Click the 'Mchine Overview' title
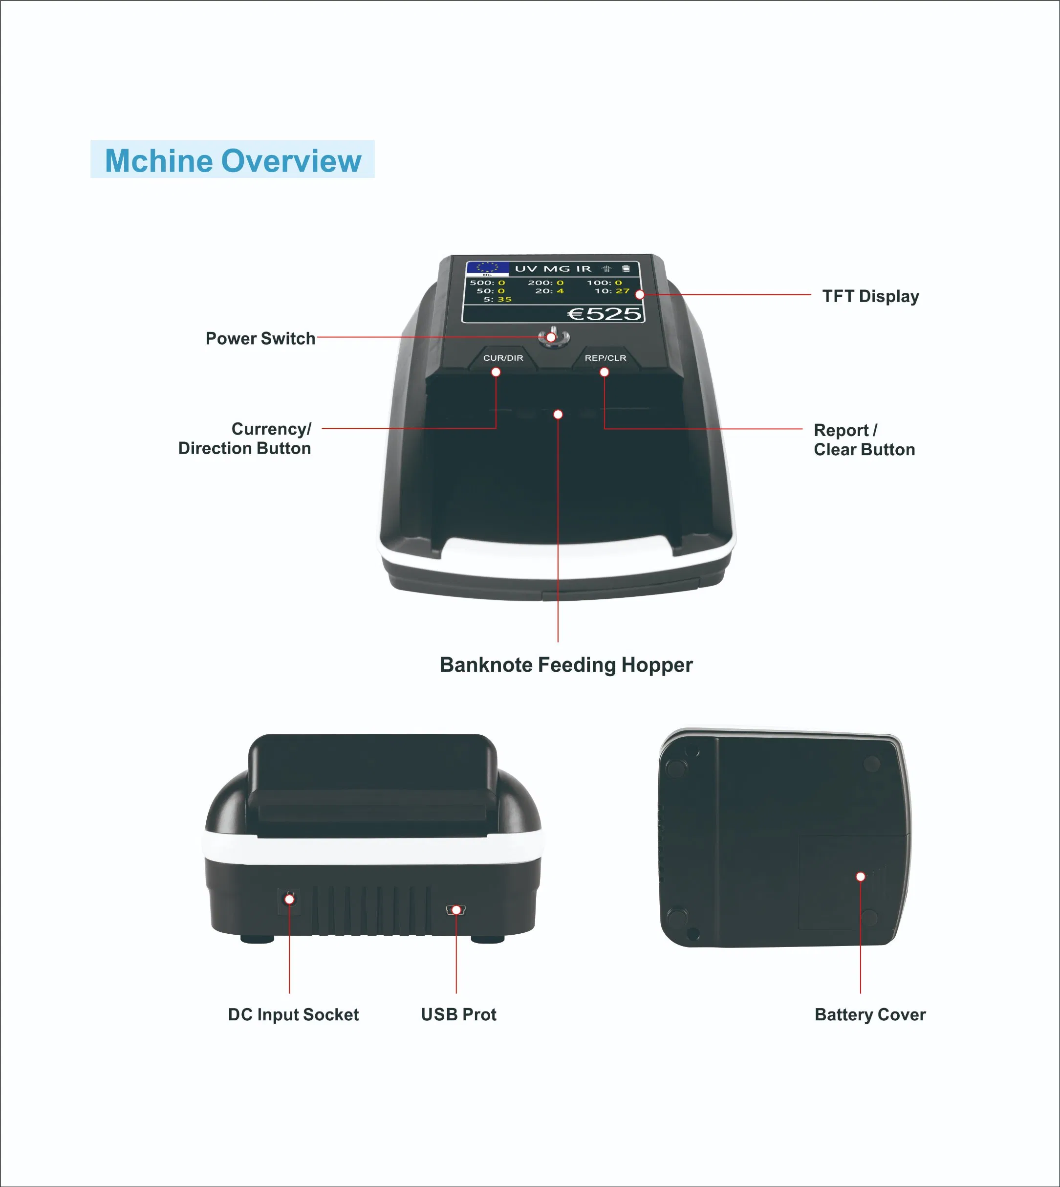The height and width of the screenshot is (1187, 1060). [x=233, y=160]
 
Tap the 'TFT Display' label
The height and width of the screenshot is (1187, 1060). [x=870, y=296]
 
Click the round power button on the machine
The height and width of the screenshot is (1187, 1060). [x=553, y=337]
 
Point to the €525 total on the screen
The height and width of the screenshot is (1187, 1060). [x=604, y=314]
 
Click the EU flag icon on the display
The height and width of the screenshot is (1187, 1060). [x=488, y=267]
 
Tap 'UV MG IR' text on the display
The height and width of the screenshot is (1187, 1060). [x=553, y=268]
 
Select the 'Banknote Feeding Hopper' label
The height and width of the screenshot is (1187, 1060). [x=565, y=665]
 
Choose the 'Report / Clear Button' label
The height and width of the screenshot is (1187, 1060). [x=864, y=440]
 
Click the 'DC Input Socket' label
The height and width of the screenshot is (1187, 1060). [x=293, y=1014]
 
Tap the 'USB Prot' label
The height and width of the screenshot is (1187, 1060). [x=458, y=1014]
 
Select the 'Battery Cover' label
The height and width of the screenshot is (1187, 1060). [x=869, y=1014]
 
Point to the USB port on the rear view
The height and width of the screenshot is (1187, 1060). [x=456, y=910]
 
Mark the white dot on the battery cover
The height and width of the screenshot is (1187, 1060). [x=860, y=877]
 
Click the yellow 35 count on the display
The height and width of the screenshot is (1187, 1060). [x=504, y=299]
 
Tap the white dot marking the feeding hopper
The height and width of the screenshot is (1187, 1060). [x=558, y=414]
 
